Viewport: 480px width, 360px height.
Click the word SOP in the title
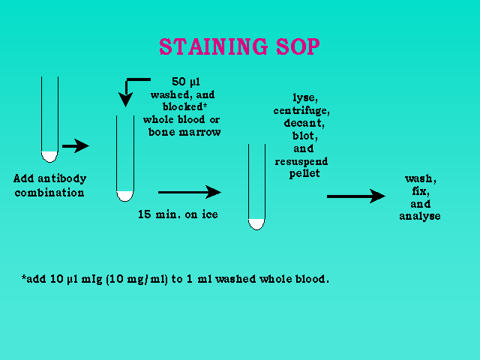298,46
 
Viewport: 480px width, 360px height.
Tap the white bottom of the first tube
49,157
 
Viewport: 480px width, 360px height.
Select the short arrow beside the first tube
76,146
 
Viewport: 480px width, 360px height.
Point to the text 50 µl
186,82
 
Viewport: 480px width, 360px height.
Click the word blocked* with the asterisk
184,106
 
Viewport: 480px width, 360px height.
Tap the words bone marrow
184,132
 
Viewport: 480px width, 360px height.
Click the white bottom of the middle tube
125,196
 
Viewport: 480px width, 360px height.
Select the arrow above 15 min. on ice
190,192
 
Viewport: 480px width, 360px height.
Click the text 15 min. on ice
178,214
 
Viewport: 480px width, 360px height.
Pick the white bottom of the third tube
256,224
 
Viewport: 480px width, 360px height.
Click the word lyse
305,98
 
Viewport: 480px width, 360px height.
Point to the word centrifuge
301,111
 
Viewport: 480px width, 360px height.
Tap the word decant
304,123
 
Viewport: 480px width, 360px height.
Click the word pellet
304,174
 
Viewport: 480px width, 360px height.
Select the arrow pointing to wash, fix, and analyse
356,196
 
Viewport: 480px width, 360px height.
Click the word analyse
420,216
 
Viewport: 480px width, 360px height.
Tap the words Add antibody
50,178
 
